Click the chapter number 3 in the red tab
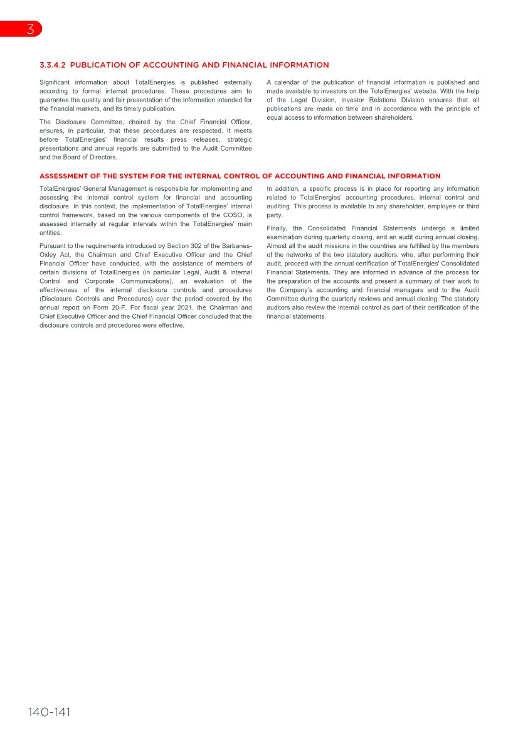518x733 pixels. (x=29, y=29)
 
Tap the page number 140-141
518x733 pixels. (x=49, y=712)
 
